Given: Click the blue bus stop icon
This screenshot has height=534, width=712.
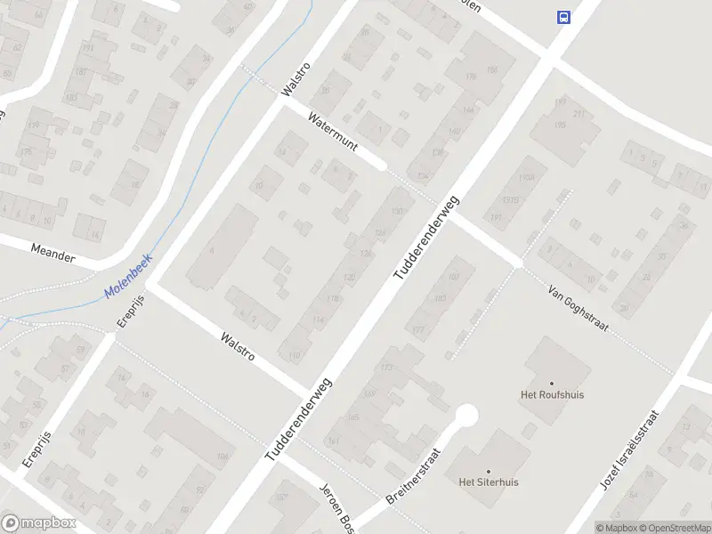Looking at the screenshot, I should click(x=563, y=16).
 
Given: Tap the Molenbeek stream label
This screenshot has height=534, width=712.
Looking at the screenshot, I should click(x=127, y=277).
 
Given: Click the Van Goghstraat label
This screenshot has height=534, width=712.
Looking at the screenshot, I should click(x=578, y=309).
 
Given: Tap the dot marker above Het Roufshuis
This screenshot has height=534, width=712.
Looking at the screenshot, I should click(x=552, y=383).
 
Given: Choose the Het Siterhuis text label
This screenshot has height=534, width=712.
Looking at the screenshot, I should click(x=489, y=482).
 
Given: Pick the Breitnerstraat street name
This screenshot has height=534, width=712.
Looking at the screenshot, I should click(x=416, y=475).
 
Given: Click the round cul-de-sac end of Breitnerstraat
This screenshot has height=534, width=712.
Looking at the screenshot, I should click(x=465, y=416).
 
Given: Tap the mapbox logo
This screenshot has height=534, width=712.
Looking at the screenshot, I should click(x=38, y=523).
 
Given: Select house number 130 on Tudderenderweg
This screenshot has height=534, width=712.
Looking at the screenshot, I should click(x=397, y=211).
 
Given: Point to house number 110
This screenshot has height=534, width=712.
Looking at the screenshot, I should click(x=295, y=354).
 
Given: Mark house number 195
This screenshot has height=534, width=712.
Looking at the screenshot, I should click(x=560, y=125).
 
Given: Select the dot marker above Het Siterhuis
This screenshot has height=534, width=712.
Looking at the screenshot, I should click(x=488, y=471).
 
